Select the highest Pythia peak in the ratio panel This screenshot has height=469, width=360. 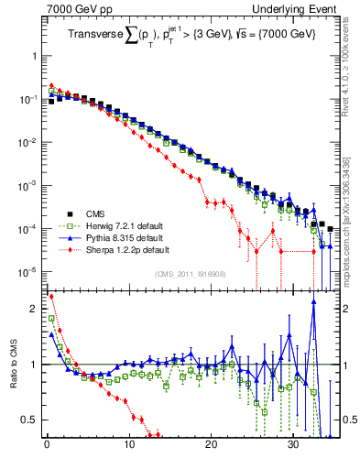(313, 305)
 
